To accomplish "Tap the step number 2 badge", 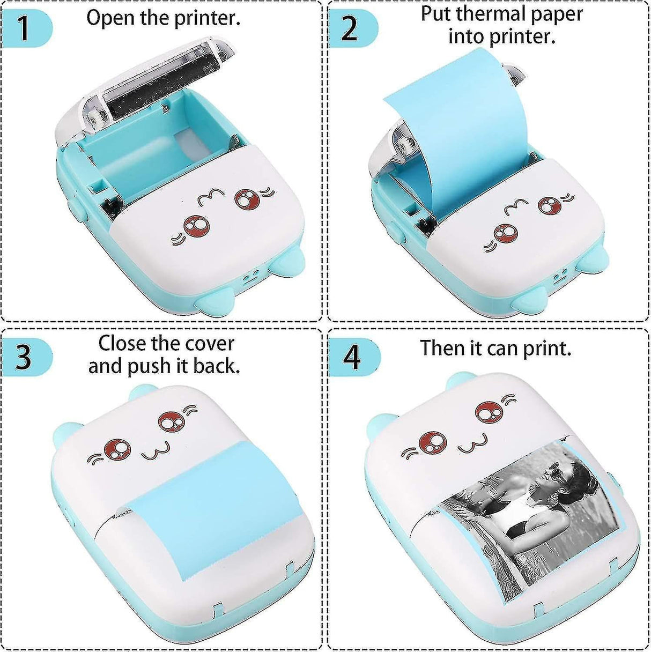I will pyautogui.click(x=350, y=28).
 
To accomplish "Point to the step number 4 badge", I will pyautogui.click(x=351, y=357).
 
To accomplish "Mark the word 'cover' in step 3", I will pyautogui.click(x=209, y=343).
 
